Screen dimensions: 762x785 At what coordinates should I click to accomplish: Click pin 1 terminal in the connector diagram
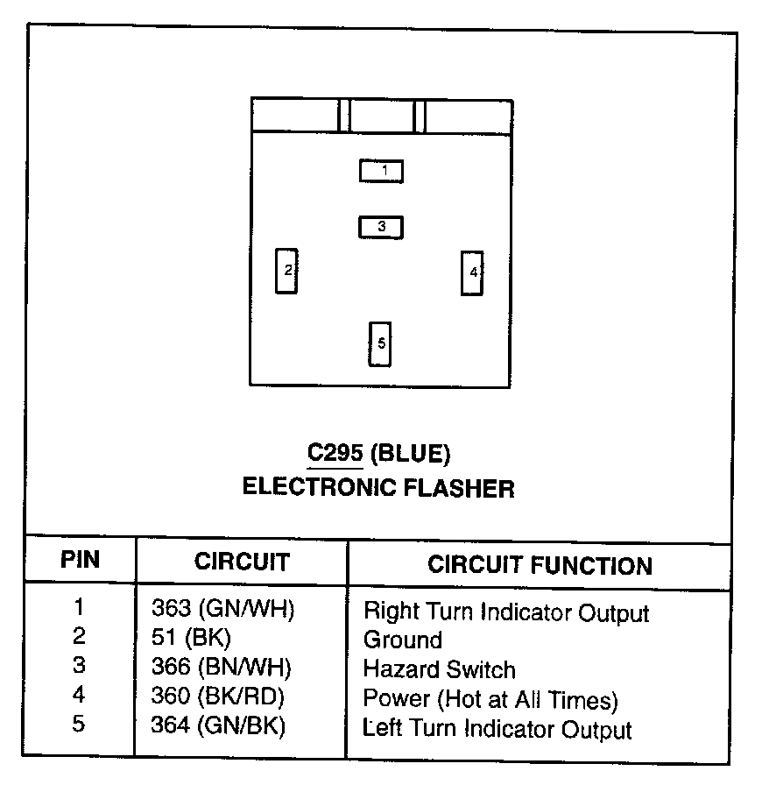click(382, 171)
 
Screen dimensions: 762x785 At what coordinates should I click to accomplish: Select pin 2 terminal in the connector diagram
click(286, 271)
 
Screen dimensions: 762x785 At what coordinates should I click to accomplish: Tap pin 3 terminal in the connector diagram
click(381, 227)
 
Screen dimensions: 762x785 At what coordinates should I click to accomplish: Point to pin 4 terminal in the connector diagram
click(473, 272)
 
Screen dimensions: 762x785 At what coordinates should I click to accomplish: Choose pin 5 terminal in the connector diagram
click(380, 343)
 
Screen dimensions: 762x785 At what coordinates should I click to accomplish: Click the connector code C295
click(335, 454)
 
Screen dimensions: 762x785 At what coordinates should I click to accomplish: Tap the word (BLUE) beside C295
click(410, 454)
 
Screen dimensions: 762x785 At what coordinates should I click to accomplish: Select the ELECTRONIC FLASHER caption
click(378, 487)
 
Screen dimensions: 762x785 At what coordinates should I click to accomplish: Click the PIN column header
click(80, 560)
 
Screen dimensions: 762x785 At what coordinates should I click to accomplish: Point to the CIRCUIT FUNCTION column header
click(540, 565)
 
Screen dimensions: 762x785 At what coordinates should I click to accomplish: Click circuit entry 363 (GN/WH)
click(222, 609)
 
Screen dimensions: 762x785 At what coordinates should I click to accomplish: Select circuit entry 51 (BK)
click(190, 638)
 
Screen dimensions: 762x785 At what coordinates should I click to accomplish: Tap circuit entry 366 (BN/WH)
click(221, 667)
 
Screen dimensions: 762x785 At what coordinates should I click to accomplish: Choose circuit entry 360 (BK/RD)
click(218, 697)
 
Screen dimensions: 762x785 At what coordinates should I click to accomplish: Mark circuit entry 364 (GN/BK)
click(218, 725)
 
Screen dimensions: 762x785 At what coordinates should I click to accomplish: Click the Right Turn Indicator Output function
click(506, 612)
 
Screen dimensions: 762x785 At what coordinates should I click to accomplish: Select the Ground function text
click(402, 640)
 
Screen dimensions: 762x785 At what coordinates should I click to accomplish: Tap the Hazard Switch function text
click(439, 670)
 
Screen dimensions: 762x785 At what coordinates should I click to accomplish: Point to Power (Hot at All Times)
click(490, 700)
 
